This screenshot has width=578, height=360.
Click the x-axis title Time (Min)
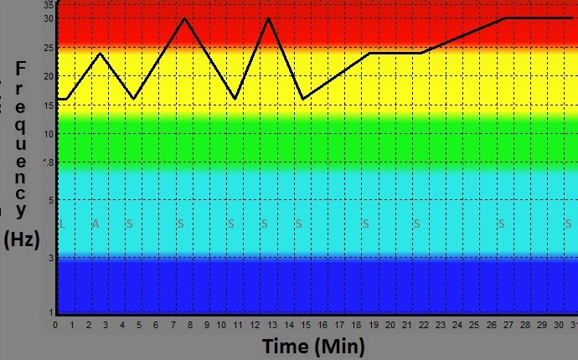tap(313, 347)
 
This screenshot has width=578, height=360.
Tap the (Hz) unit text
tap(22, 239)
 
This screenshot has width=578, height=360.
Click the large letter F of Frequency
tap(22, 68)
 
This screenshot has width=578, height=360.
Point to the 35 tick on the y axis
tap(49, 4)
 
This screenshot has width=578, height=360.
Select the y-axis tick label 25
tap(49, 48)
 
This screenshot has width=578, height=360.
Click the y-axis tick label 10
tap(49, 134)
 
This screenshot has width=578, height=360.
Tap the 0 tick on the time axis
tap(55, 326)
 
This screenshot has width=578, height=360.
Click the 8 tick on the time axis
tap(190, 326)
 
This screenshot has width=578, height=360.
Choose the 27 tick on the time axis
tap(508, 326)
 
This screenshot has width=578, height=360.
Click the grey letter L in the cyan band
tap(62, 224)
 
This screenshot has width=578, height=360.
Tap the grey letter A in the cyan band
tap(95, 224)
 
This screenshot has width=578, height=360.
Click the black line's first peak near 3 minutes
tap(101, 54)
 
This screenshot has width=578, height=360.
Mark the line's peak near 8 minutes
tap(184, 18)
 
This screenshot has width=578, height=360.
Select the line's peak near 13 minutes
tap(268, 18)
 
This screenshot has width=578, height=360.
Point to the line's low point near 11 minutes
tap(235, 99)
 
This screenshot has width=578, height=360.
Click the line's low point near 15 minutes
tap(302, 99)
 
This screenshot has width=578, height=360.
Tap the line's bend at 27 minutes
tap(504, 18)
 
